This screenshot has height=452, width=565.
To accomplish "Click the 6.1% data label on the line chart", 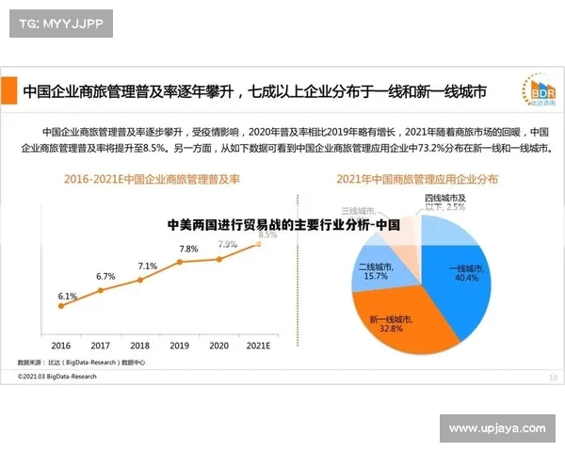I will pos(68,297).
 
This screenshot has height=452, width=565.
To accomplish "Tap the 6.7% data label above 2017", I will pos(105,277).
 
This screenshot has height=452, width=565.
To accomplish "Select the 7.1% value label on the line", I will pos(147,266).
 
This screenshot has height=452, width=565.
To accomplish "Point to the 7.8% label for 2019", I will pos(188,250).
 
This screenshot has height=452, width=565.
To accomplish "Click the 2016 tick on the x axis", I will pos(61,346).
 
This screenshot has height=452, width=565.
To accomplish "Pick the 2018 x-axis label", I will pos(139,346).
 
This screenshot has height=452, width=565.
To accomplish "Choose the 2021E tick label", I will pos(258,346).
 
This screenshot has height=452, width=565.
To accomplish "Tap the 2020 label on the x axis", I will pos(218,346).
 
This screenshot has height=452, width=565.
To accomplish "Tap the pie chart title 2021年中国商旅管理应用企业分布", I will pos(417,178).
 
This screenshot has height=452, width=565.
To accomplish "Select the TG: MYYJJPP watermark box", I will pos(61,24).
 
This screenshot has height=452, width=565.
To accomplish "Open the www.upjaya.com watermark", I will pos(496,428).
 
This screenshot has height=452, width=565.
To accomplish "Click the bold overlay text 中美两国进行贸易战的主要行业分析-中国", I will pos(283,226).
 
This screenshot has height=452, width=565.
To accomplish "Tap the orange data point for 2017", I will pos(102,289).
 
